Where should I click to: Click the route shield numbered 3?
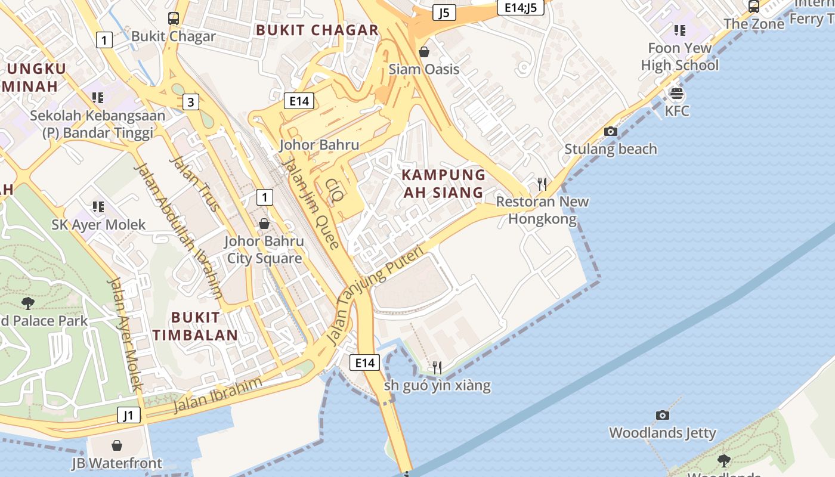point(190,102)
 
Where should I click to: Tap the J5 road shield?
point(444,13)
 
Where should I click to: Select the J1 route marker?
point(129,415)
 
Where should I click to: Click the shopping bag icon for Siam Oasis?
point(424,52)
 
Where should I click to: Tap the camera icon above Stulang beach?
point(610,131)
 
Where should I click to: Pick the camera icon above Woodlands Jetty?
point(662,415)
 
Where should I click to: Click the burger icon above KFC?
point(676,94)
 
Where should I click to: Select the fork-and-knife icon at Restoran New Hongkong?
point(542,184)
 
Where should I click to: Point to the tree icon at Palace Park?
point(27,303)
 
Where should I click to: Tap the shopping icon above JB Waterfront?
point(117,445)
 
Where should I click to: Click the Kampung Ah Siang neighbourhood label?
point(443,184)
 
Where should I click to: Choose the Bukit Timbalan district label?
point(195,326)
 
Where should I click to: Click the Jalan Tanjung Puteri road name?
point(375,295)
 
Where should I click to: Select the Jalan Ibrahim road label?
point(218,395)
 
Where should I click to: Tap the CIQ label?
point(335,189)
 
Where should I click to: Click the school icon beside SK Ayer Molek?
point(98,207)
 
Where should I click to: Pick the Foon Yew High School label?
point(680,57)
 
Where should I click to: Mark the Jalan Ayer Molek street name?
point(125,334)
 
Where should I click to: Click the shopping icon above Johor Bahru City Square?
point(264,224)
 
